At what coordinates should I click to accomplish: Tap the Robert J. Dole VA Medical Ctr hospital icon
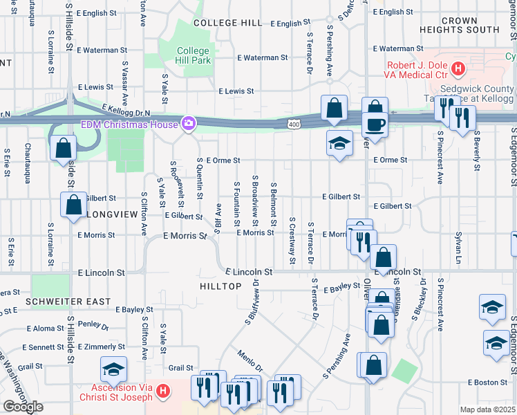coord(458,68)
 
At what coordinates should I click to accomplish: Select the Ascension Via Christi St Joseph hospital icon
coord(162,391)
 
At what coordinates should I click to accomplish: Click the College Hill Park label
coord(193,55)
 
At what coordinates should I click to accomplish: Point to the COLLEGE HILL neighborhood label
coord(227,23)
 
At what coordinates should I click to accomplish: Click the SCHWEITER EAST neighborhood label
coord(59,302)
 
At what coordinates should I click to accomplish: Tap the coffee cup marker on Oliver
coord(375,125)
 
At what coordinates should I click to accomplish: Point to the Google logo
coord(23,407)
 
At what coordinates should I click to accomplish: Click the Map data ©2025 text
coord(487,409)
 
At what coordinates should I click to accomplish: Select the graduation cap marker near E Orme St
coord(338,143)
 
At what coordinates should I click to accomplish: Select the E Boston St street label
coord(488,382)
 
